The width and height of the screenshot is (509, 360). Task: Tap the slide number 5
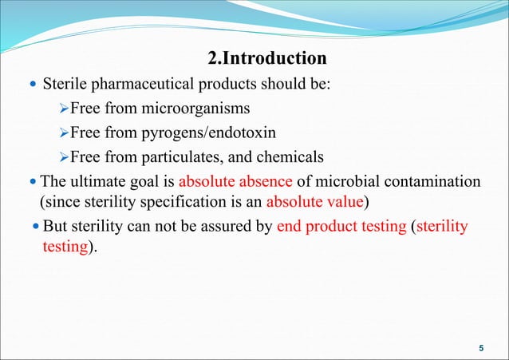click(x=480, y=347)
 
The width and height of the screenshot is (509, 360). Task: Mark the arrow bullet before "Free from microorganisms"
click(x=65, y=108)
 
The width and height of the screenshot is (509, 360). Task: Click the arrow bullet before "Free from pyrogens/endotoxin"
click(x=65, y=133)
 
